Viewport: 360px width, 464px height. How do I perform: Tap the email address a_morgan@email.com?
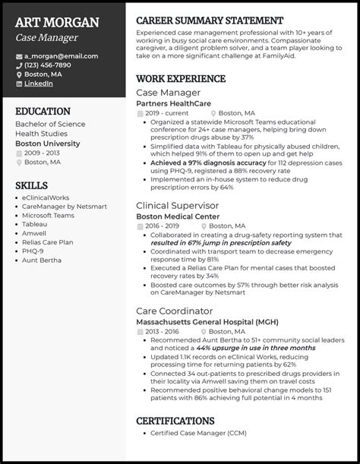coord(61,56)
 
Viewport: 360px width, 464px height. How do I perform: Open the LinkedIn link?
coord(39,84)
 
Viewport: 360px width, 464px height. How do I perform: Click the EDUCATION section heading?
coord(42,110)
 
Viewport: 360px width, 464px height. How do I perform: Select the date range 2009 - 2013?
coord(43,153)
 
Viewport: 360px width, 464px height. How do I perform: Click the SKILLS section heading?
coord(31,185)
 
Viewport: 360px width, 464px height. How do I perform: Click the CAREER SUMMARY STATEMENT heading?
coord(210,20)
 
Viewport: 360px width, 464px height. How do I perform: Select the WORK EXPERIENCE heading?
coord(181,78)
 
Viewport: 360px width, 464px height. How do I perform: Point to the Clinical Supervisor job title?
coord(176,205)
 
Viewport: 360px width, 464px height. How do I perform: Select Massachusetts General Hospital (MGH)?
coord(208,321)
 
